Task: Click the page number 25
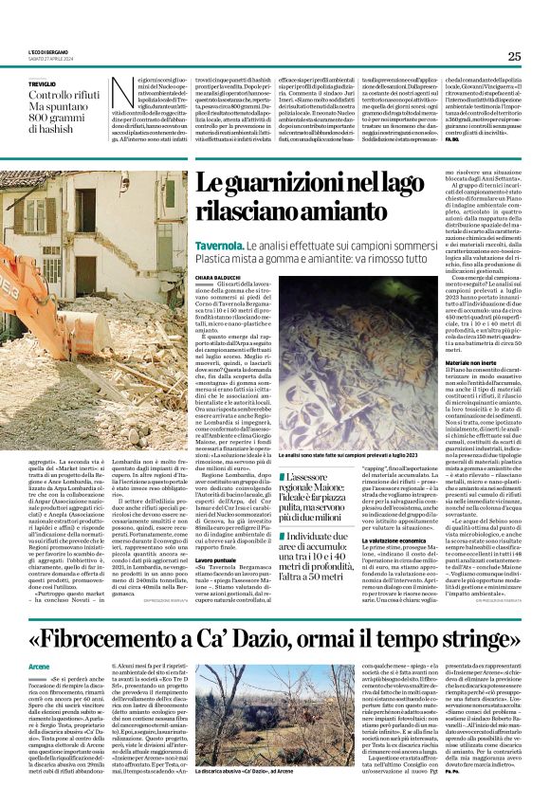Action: (x=513, y=56)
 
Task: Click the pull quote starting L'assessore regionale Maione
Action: (x=321, y=490)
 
